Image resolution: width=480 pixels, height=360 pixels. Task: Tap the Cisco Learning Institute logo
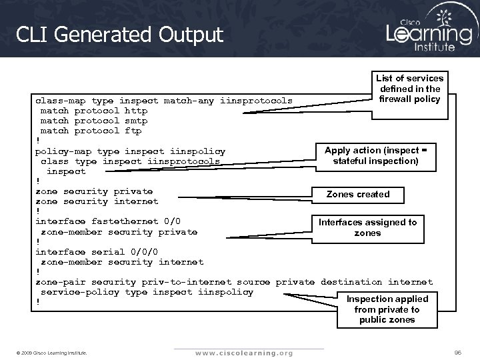pos(429,31)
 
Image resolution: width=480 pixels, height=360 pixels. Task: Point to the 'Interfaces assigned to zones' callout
pos(368,227)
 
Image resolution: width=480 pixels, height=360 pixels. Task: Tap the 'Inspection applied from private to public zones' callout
pos(387,309)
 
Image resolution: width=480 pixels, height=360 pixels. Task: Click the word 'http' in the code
pos(136,111)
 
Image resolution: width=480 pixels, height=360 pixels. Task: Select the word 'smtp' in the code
pos(136,121)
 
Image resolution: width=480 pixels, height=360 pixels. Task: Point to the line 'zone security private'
pos(94,191)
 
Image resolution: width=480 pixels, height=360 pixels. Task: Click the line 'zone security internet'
pos(97,201)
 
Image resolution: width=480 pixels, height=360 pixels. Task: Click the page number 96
pos(458,351)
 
